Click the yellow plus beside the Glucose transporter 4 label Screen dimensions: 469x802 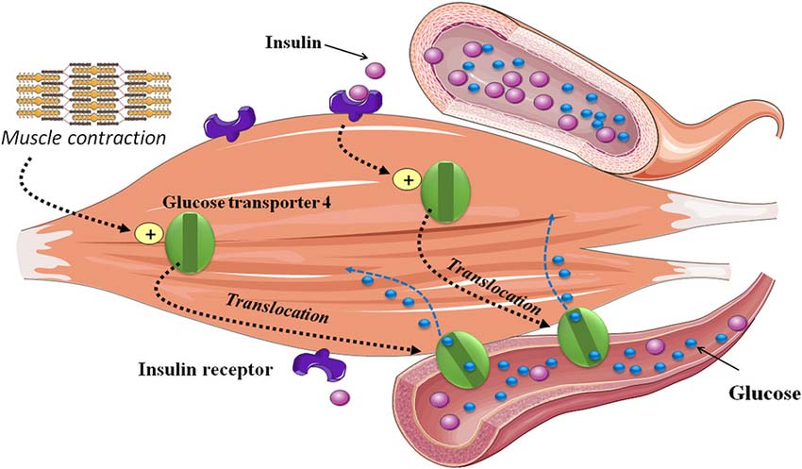point(148,231)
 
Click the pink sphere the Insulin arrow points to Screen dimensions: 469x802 point(375,70)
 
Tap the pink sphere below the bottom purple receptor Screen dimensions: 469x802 point(338,397)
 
